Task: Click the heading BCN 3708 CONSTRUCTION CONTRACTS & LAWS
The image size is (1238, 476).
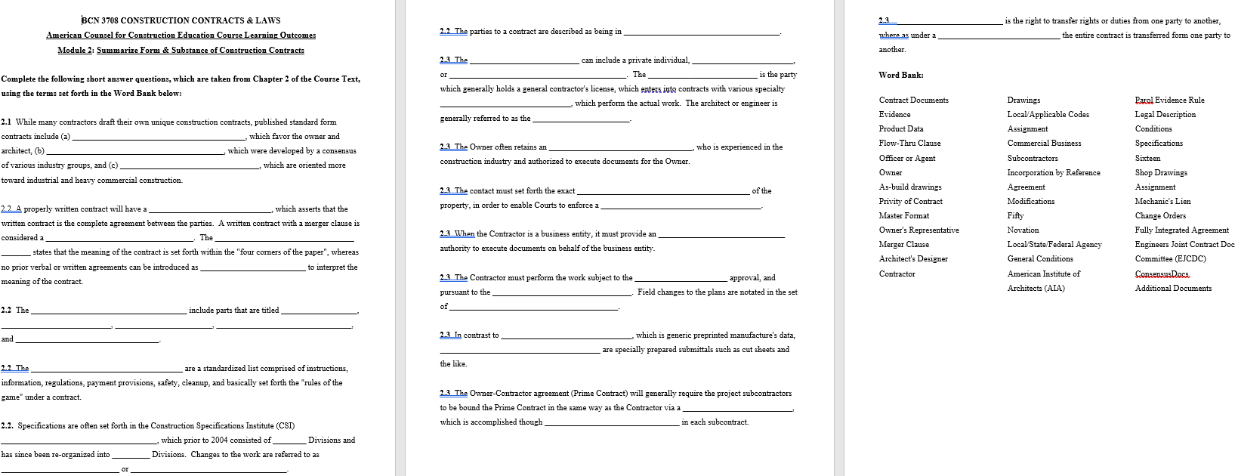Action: tap(181, 20)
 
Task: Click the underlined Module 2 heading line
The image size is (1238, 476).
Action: tap(181, 50)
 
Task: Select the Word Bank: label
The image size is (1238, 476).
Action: tap(900, 75)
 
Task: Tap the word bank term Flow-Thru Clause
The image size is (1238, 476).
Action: tap(909, 143)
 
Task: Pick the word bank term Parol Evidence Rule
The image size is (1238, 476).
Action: tap(1169, 100)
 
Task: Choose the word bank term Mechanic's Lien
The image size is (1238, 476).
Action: tap(1162, 201)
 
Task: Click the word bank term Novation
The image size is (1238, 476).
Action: tap(1023, 230)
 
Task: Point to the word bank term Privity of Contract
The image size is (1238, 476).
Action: tap(910, 201)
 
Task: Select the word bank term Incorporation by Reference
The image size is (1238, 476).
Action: tap(1053, 172)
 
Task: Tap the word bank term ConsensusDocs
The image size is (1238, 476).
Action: tap(1162, 274)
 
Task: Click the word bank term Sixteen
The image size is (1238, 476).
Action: tap(1147, 158)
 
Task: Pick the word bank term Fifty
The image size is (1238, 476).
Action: tap(1015, 215)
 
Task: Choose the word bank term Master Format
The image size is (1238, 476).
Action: tap(903, 215)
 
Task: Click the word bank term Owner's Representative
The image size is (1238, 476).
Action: tap(918, 230)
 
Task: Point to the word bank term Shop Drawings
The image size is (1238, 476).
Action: tap(1161, 172)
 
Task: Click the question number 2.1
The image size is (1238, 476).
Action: tap(7, 122)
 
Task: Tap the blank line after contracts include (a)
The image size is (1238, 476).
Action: tap(159, 137)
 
